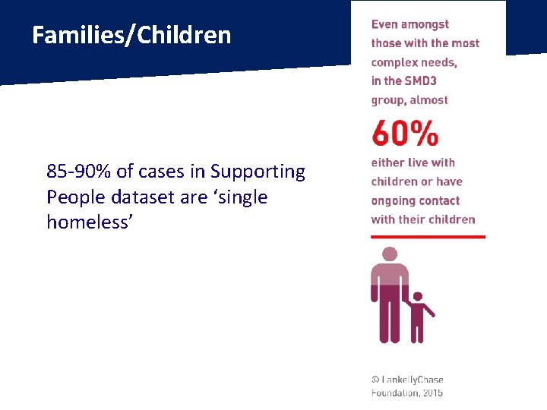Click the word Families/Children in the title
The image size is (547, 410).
pos(131,35)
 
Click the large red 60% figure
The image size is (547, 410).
pos(405,134)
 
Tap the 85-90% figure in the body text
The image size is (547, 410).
pos(79,172)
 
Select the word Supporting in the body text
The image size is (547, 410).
pos(258,172)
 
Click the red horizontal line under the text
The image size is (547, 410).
pos(428,237)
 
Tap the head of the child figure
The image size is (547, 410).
pos(417,297)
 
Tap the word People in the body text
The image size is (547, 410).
pos(76,197)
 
